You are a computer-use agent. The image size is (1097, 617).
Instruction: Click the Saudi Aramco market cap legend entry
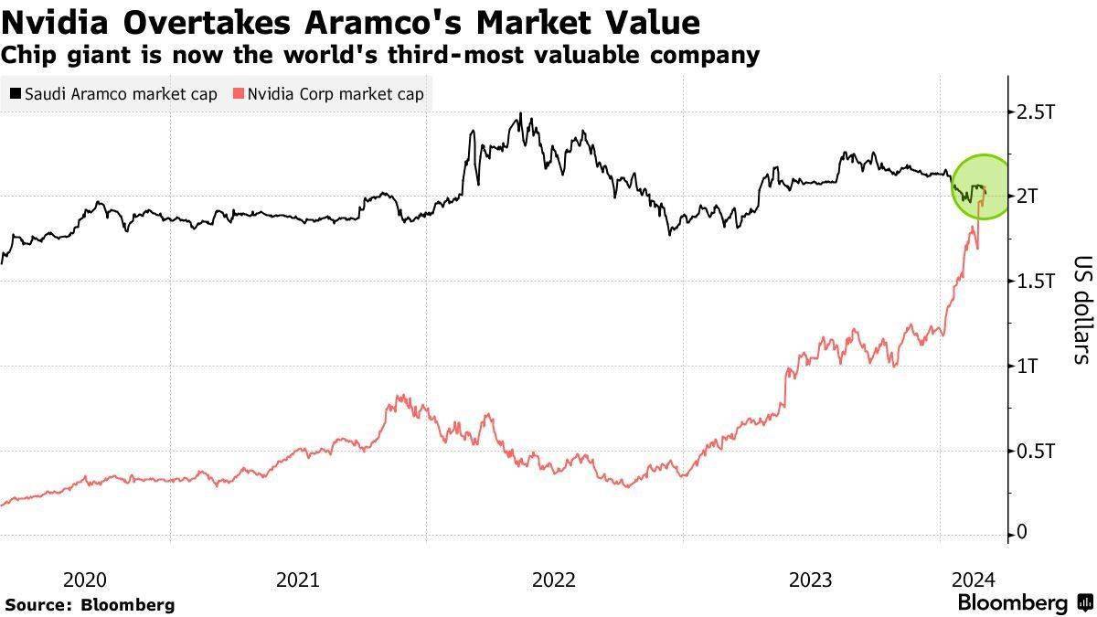pos(113,94)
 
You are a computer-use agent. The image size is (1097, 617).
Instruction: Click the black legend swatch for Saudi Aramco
pos(16,94)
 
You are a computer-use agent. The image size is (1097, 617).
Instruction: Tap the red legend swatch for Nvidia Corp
pos(240,94)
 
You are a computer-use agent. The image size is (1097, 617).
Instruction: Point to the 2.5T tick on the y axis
pos(1037,112)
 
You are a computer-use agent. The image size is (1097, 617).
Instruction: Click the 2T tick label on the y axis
pos(1028,197)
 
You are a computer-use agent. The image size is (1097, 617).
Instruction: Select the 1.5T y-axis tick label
pos(1037,282)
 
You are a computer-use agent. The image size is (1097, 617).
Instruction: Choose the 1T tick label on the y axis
pos(1028,367)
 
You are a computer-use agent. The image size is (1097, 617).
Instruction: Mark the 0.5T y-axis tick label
pos(1037,451)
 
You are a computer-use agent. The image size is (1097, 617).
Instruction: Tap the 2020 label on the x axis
pos(85,580)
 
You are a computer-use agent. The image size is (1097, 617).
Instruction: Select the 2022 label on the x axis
pos(554,580)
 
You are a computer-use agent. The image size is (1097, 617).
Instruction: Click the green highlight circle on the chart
pos(981,186)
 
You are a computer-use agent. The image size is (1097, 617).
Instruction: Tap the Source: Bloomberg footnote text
pos(90,605)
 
